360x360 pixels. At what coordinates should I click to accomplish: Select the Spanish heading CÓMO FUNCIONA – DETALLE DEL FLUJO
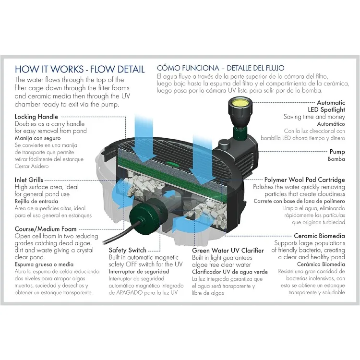(221, 68)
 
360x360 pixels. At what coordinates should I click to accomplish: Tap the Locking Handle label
(36, 117)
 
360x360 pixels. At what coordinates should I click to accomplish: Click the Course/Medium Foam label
(45, 229)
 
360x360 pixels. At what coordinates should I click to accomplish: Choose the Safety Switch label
(127, 250)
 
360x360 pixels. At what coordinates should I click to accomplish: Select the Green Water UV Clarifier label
(228, 250)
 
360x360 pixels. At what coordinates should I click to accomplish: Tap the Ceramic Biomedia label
(319, 236)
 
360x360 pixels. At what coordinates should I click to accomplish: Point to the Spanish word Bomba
(336, 159)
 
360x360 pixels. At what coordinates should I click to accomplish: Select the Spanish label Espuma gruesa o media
(44, 264)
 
